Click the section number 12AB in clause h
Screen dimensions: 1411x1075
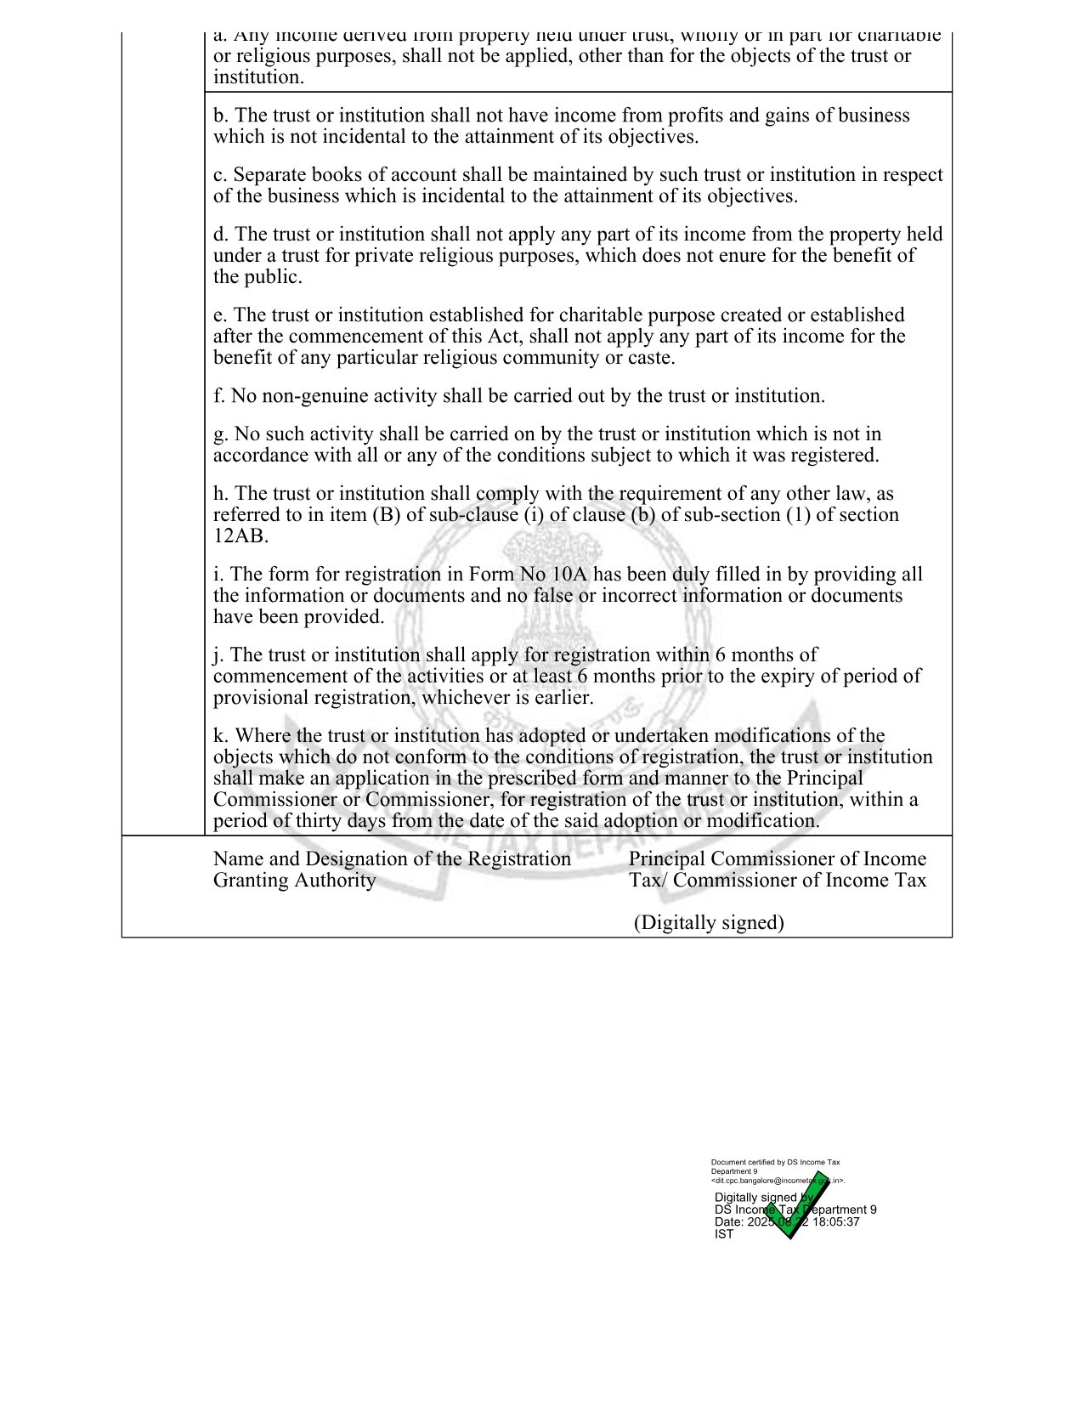(x=240, y=536)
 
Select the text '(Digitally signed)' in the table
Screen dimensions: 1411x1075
(x=709, y=923)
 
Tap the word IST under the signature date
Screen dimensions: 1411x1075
(x=724, y=1234)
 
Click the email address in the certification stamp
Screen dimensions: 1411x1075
(x=778, y=1181)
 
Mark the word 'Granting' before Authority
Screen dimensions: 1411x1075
(x=251, y=881)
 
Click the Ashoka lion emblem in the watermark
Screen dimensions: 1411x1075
(x=535, y=578)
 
